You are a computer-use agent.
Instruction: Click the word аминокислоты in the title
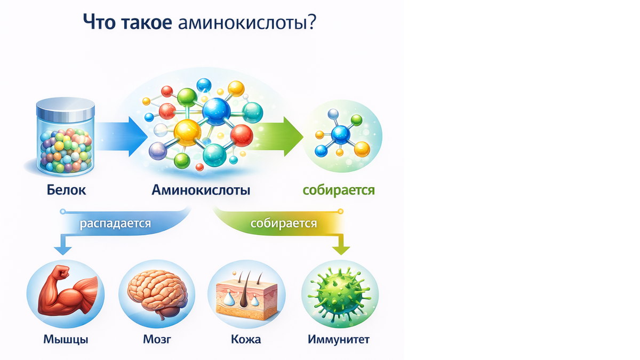243,22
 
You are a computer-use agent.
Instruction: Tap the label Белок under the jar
66,190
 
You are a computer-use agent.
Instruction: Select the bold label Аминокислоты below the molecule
201,190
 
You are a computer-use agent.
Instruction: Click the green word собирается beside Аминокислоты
339,190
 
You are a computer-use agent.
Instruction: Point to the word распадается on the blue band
115,223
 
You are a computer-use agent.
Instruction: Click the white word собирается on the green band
284,223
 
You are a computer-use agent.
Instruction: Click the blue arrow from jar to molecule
122,137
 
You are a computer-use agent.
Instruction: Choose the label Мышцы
66,340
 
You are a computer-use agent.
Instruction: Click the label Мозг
157,339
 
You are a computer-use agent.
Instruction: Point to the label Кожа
246,339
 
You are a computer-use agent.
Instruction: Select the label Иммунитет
339,339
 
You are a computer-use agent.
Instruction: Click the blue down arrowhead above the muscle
62,250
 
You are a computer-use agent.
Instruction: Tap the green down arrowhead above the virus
341,250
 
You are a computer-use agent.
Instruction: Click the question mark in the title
312,22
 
